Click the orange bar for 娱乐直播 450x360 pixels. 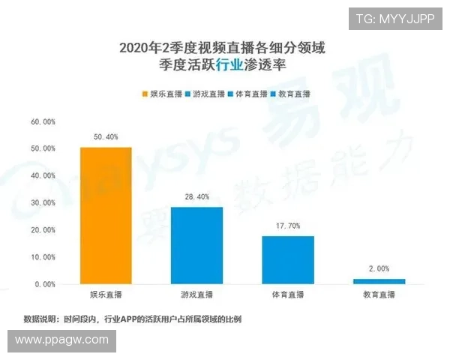point(106,216)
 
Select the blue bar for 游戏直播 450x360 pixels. point(196,246)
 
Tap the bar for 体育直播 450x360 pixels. point(288,260)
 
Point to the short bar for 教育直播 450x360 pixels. point(379,281)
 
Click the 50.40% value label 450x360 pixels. point(106,137)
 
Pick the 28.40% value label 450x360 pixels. point(196,196)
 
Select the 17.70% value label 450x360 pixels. point(288,226)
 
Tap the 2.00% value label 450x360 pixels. point(379,268)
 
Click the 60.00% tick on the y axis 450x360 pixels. point(43,121)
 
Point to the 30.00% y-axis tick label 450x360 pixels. point(43,203)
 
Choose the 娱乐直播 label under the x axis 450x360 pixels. point(106,295)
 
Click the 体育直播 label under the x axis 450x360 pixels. point(288,295)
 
